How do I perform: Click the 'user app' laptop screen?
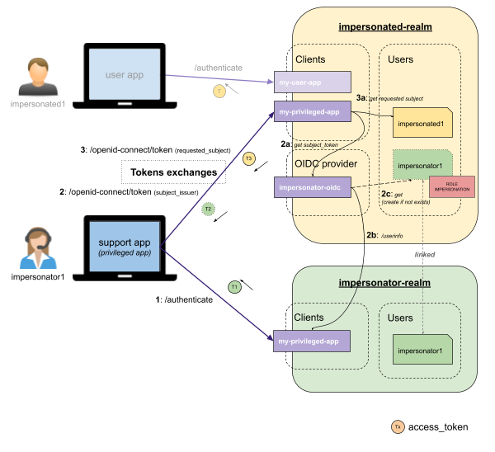pos(125,75)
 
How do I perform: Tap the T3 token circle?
pos(248,159)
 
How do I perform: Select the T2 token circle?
pos(209,210)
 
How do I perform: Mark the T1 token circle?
pos(235,286)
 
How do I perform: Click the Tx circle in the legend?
pos(398,426)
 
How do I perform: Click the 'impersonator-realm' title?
pos(385,283)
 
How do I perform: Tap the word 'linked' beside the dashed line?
pos(424,255)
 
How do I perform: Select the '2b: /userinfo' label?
pos(384,236)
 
